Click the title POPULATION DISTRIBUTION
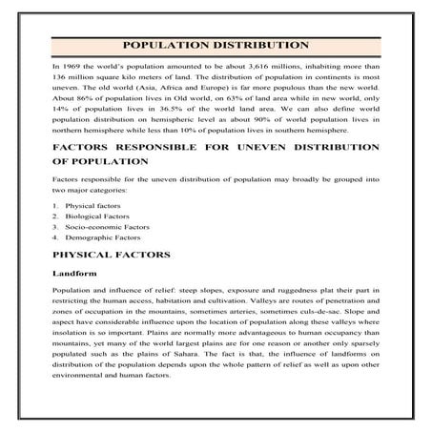[216, 45]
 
